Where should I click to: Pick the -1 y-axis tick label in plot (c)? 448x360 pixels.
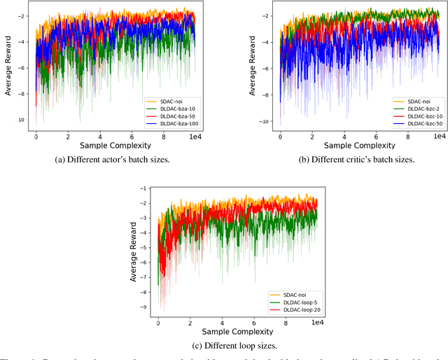[144, 188]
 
